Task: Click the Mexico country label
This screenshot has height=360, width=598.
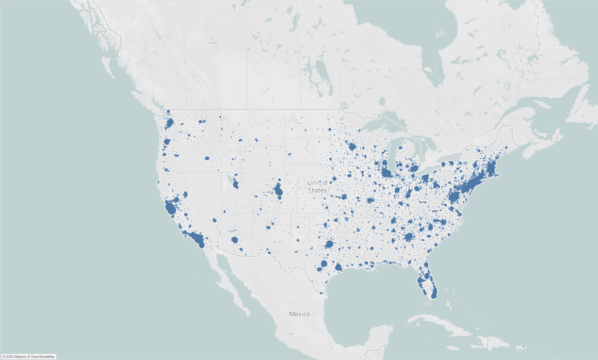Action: (x=299, y=314)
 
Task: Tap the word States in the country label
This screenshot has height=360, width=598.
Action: (x=317, y=190)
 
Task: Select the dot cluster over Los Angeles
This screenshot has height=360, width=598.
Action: (x=196, y=238)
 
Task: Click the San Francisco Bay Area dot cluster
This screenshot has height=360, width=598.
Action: (x=170, y=208)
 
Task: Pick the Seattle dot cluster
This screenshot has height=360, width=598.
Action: (x=169, y=123)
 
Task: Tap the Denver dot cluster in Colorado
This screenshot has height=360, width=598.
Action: (x=279, y=191)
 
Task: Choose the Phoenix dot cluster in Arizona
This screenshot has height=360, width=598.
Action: (x=235, y=240)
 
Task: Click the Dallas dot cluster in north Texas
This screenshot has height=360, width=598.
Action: (x=329, y=244)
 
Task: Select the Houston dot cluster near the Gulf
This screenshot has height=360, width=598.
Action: (x=338, y=267)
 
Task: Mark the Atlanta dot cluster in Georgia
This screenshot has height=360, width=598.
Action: (x=409, y=237)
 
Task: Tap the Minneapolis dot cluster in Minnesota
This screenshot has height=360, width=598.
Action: (x=352, y=147)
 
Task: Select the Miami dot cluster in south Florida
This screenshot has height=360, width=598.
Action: (x=433, y=293)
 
